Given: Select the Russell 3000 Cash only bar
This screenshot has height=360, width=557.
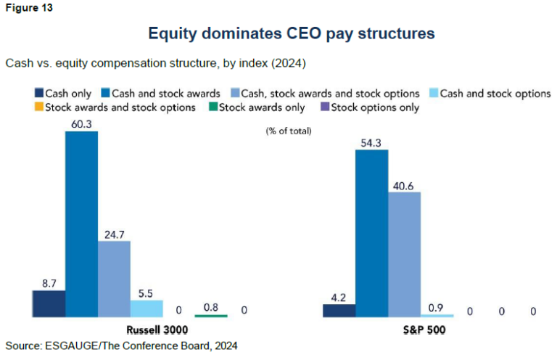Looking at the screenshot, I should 49,304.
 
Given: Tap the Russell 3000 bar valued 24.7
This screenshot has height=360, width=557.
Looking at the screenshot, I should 114,279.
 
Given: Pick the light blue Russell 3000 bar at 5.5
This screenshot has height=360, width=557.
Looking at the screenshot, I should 147,308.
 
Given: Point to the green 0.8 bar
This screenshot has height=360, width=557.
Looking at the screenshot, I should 211,315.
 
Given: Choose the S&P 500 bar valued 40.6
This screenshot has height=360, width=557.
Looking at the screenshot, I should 404,254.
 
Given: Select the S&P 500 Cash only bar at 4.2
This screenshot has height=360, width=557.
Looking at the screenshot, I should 339,311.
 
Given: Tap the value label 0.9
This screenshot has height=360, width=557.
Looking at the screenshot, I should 437,307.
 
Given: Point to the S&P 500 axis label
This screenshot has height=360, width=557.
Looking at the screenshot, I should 420,330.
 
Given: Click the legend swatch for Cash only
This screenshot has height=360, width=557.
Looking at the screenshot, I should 38,94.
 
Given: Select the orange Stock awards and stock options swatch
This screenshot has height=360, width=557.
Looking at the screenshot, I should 38,107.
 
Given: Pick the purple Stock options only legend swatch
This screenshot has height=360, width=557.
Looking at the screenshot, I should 324,107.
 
